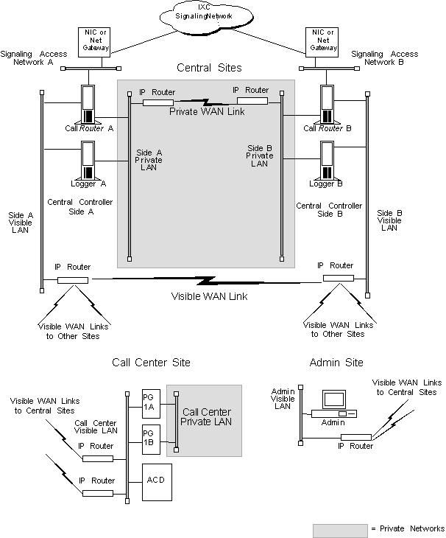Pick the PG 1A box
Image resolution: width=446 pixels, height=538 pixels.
click(x=149, y=402)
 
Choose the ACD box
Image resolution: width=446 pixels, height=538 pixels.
click(x=155, y=481)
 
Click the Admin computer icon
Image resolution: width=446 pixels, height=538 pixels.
click(x=333, y=403)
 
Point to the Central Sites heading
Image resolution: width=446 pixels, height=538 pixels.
click(x=208, y=68)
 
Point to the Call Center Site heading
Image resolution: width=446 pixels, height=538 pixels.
click(x=151, y=362)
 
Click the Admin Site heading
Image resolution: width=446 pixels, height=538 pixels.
click(x=336, y=362)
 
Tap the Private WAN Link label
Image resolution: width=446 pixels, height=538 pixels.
click(x=207, y=112)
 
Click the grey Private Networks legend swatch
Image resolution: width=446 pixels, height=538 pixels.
click(x=339, y=529)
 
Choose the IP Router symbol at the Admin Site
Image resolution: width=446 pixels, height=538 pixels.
click(x=355, y=437)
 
